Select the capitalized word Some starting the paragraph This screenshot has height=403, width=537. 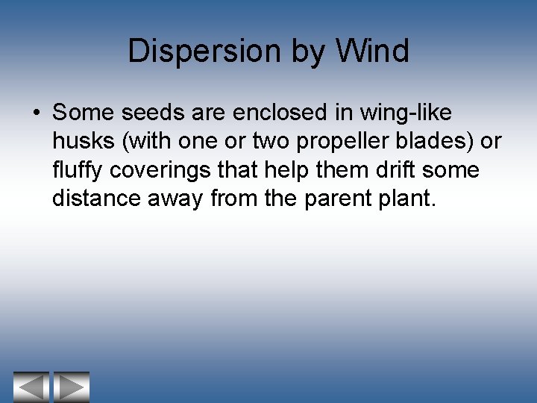tap(83, 113)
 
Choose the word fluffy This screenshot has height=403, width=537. tap(78, 170)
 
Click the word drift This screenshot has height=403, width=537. tap(392, 169)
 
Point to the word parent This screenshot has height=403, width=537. tap(335, 199)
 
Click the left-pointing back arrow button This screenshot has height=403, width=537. tap(31, 387)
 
